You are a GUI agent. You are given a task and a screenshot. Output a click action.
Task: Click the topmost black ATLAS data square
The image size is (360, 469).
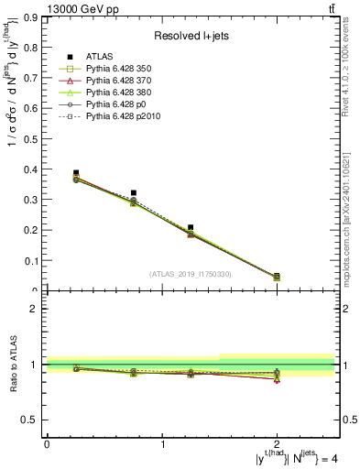pyautogui.click(x=76, y=172)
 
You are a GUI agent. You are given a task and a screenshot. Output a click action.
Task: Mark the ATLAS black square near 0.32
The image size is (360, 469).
pyautogui.click(x=134, y=192)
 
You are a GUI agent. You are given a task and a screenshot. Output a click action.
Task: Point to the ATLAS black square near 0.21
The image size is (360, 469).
pyautogui.click(x=191, y=227)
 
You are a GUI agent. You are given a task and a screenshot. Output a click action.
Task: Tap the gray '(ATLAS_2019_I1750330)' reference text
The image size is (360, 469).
pyautogui.click(x=191, y=274)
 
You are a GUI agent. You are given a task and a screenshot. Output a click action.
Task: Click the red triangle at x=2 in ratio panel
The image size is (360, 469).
pyautogui.click(x=277, y=379)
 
